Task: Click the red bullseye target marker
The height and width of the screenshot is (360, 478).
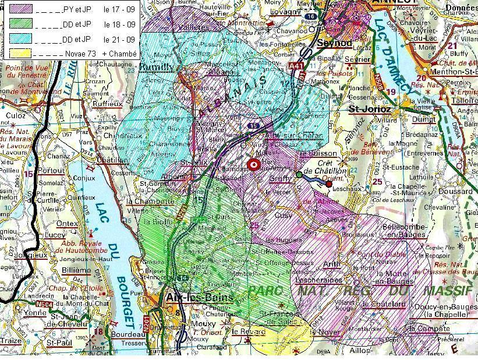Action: [253, 165]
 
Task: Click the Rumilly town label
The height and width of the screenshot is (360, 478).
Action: [157, 68]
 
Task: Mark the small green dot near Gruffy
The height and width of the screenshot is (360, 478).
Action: [299, 174]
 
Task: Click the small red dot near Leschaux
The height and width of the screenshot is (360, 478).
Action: [329, 184]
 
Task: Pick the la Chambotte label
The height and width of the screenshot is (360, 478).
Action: [150, 201]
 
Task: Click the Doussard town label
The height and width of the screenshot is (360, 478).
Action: [452, 191]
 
